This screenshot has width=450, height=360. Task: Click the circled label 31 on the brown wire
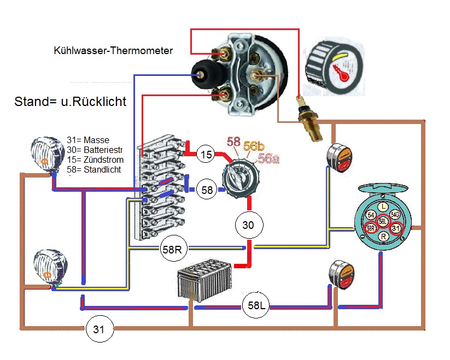click(x=98, y=329)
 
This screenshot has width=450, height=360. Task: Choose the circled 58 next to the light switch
click(x=207, y=190)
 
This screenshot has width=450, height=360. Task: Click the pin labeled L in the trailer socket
click(x=384, y=206)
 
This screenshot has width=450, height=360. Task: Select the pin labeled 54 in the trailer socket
click(x=371, y=215)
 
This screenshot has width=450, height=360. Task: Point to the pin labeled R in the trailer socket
click(x=384, y=236)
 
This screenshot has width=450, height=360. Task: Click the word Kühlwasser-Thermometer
click(x=113, y=51)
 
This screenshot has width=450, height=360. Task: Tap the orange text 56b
click(x=254, y=146)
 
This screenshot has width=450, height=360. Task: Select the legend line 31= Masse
click(x=87, y=140)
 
